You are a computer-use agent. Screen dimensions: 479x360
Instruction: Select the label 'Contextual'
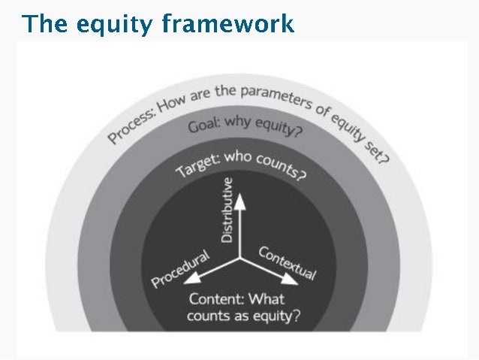click(x=288, y=262)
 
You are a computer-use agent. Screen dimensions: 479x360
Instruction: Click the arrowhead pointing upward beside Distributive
click(x=240, y=199)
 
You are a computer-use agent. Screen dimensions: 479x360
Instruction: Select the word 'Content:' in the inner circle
click(x=215, y=298)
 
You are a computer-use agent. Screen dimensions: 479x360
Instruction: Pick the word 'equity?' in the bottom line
click(x=275, y=316)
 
